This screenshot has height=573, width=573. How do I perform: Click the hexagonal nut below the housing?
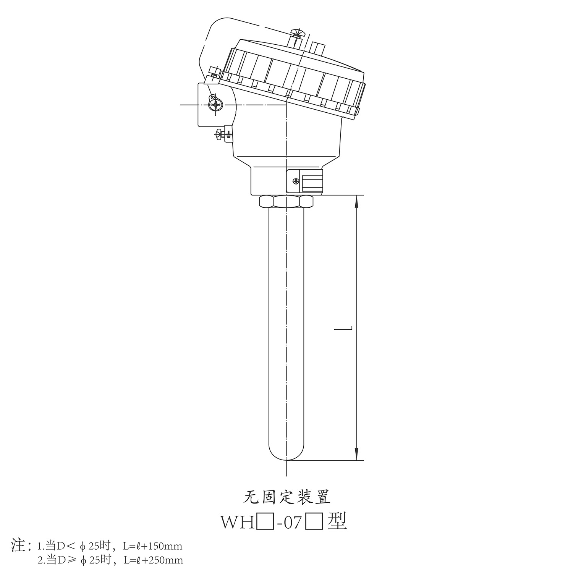click(286, 201)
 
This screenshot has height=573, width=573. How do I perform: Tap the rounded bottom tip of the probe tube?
click(286, 457)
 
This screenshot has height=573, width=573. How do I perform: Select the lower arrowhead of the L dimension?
click(356, 455)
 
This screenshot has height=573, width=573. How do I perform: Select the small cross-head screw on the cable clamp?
click(295, 181)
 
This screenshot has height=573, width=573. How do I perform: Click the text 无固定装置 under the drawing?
click(286, 497)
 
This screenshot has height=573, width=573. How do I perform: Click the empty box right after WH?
click(265, 522)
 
